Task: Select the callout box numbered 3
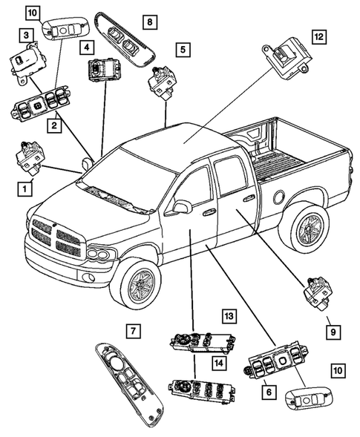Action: [x=25, y=34]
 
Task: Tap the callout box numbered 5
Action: [x=181, y=50]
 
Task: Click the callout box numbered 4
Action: [x=88, y=47]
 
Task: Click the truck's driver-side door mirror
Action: [x=178, y=208]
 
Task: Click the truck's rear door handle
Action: [x=248, y=199]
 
